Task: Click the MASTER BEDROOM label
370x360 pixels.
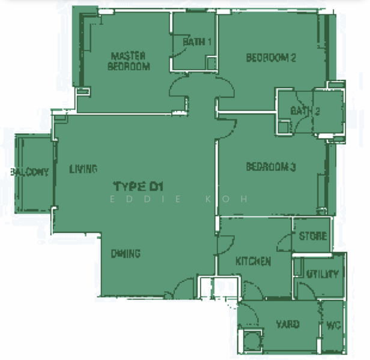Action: (129, 61)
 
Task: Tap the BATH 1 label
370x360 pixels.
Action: (197, 42)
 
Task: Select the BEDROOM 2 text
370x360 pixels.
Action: (271, 58)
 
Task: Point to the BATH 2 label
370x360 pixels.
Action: (305, 111)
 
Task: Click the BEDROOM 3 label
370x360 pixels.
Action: (271, 167)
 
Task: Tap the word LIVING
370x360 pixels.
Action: (83, 169)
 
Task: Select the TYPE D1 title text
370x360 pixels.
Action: (139, 186)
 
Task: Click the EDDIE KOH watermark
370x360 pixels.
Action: (179, 199)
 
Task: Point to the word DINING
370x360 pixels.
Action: (126, 254)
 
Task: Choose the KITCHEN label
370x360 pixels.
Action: (253, 261)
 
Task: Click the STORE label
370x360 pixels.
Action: (313, 236)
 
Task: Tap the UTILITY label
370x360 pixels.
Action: (323, 274)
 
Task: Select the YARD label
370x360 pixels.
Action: (288, 325)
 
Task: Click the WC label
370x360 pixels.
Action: (334, 326)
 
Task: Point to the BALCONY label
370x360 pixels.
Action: (30, 172)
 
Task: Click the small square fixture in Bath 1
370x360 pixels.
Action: (211, 63)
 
